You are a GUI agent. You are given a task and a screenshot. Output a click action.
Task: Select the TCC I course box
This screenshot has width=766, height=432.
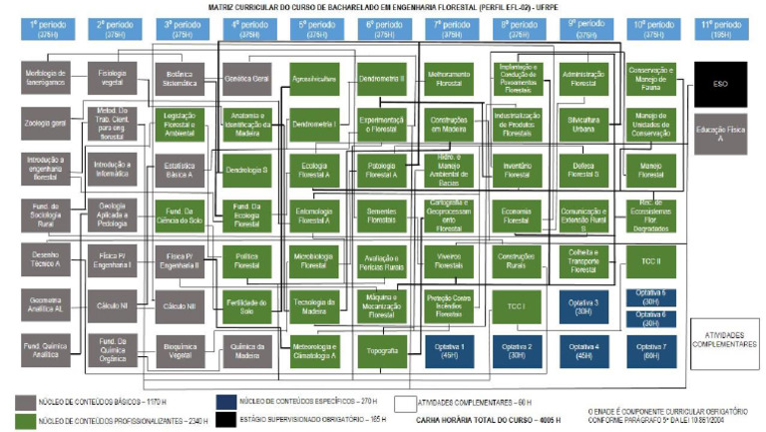[516, 304]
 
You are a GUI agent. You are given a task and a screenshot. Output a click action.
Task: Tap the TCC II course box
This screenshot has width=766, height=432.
[649, 260]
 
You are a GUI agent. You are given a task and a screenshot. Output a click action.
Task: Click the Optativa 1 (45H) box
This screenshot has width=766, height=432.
[449, 350]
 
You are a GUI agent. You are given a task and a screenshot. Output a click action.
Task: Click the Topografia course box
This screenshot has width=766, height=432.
[382, 350]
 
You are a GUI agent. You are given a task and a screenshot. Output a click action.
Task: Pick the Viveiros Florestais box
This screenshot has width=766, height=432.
[449, 259]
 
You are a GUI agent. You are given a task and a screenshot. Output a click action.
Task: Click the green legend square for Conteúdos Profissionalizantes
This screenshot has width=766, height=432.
[28, 419]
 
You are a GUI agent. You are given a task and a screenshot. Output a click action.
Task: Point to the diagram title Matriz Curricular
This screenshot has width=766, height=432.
[383, 6]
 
